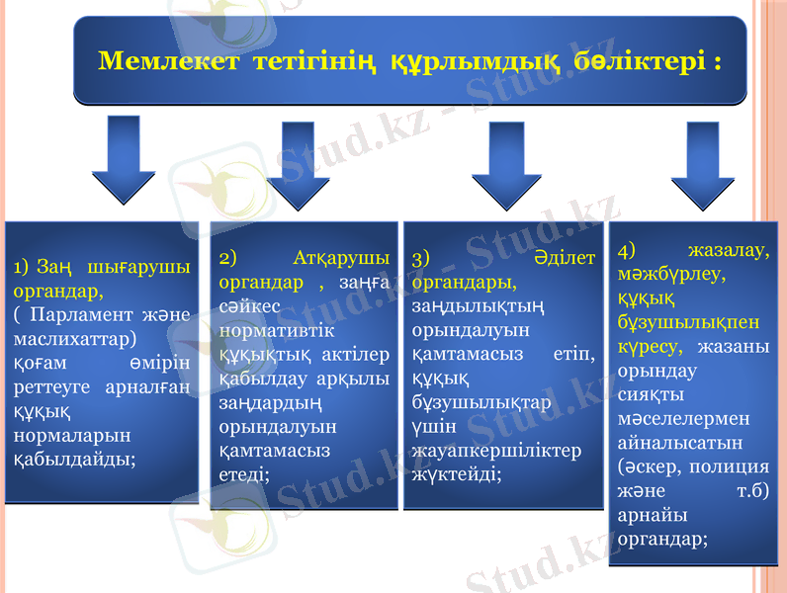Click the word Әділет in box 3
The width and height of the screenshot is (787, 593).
click(563, 259)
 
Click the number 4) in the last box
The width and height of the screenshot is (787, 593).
click(629, 249)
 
